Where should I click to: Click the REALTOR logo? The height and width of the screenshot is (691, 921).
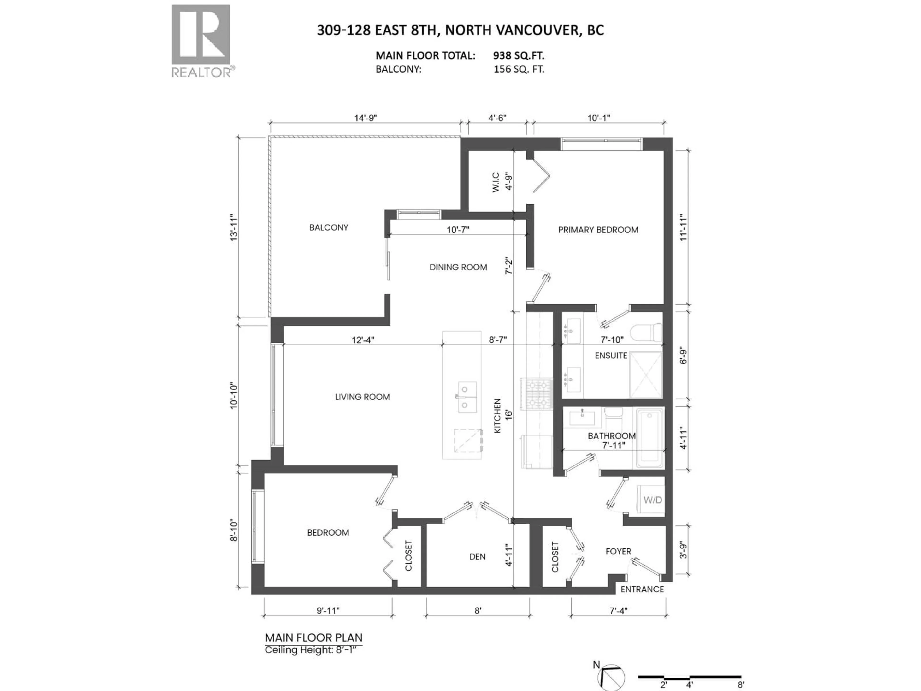[x=201, y=40]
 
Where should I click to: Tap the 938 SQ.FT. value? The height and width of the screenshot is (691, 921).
[x=518, y=55]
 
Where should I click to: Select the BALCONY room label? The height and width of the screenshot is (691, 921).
[x=329, y=227]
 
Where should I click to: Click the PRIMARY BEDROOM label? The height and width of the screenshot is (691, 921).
[x=598, y=230]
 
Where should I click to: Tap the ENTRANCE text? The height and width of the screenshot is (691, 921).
[x=642, y=589]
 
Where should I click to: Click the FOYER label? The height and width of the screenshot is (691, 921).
[x=618, y=551]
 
